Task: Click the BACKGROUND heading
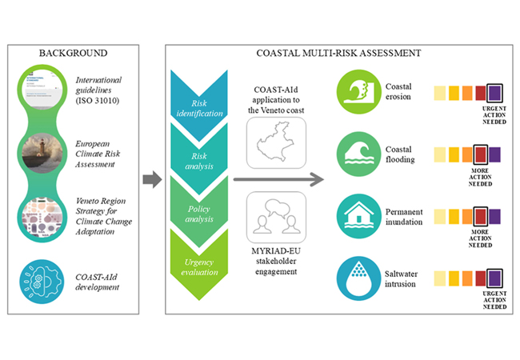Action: [73, 53]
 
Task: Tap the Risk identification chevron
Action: [197, 105]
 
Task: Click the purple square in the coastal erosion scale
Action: [494, 92]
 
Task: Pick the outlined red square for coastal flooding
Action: [480, 153]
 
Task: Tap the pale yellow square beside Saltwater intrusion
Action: [440, 277]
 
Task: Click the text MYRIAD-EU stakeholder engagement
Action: [274, 262]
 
